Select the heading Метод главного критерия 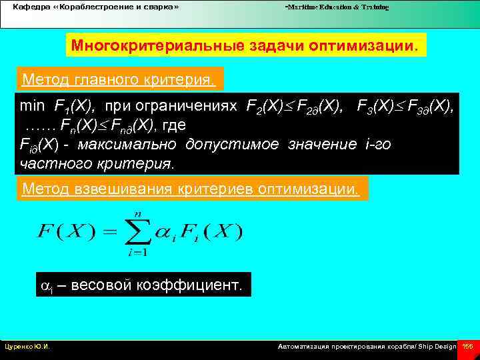[x=119, y=81]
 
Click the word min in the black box [x=33, y=106]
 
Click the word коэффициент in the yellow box [x=192, y=285]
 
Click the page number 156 [x=467, y=347]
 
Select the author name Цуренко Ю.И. [x=28, y=347]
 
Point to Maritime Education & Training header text [x=337, y=7]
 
